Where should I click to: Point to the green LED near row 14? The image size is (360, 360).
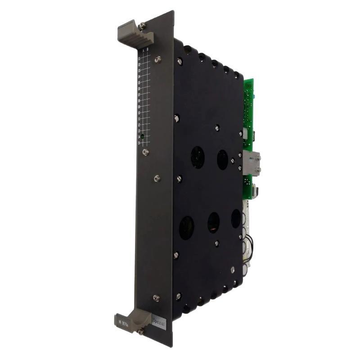[x=142, y=136]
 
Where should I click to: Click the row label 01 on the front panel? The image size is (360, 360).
[x=139, y=58]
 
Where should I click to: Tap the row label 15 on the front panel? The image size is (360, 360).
[x=139, y=143]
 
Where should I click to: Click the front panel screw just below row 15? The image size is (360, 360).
[x=145, y=152]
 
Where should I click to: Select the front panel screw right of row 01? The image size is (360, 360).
[x=157, y=59]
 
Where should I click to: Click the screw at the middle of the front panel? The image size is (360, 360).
[x=157, y=179]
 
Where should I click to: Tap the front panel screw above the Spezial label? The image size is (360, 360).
[x=156, y=298]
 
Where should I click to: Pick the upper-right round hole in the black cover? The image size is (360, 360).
[x=222, y=160]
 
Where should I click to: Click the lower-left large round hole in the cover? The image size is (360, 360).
[x=186, y=227]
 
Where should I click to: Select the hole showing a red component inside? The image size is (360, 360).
[x=213, y=222]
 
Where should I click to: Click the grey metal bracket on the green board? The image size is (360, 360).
[x=253, y=162]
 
